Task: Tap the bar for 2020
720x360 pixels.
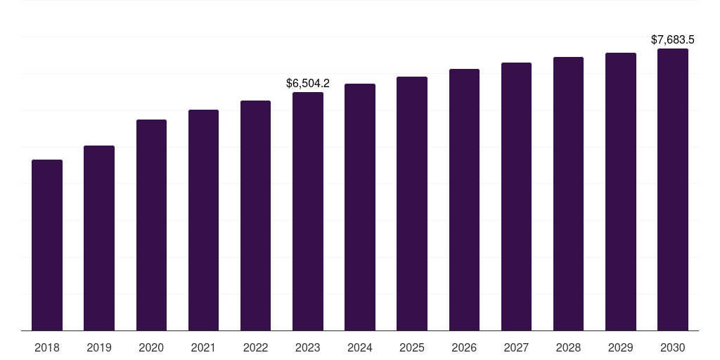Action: coord(151,225)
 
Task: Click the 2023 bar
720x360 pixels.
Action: coord(308,211)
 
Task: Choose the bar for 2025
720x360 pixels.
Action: coord(412,203)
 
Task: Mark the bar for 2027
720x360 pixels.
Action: coord(516,196)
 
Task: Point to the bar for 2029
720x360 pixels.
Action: coord(621,191)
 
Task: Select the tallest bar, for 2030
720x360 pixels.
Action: coord(673,189)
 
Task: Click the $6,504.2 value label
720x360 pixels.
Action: coord(308,83)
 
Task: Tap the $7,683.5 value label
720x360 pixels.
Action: coord(673,39)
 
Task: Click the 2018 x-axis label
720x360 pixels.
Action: coord(47,347)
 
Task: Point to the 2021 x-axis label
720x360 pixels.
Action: coord(203,347)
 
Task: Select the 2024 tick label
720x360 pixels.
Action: coord(360,347)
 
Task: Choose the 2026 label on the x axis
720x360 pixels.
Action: coord(464,347)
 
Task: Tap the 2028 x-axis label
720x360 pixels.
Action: coord(568,347)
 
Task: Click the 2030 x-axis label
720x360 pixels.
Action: coord(673,347)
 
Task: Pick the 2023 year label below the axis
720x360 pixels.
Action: coord(308,347)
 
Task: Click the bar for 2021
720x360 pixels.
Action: coord(203,220)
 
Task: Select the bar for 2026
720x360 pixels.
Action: coord(464,200)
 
